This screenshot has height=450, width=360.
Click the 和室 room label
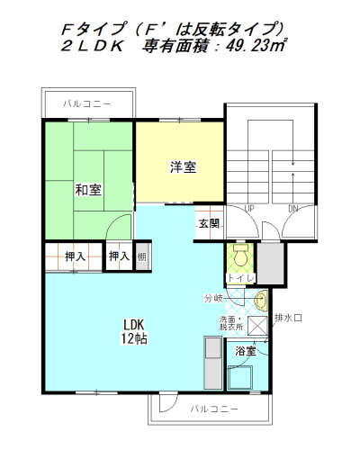point(88,190)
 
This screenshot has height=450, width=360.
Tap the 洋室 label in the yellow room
point(184,167)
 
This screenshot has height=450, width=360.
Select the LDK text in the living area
point(134,325)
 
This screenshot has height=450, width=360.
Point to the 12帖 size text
point(134,338)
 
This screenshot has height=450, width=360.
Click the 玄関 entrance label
point(209,223)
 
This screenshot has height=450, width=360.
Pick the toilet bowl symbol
point(240,255)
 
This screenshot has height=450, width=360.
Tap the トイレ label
point(241,278)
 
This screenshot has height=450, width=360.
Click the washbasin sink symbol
point(261,300)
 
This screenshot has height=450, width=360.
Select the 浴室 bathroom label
point(246,351)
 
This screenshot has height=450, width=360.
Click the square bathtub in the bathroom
point(240,377)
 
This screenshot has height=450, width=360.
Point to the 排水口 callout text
point(288,318)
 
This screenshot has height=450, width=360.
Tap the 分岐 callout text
point(213,298)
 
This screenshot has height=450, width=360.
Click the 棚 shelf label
point(141,256)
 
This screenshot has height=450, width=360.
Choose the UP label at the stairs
point(249,208)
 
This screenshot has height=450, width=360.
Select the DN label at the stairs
point(293,209)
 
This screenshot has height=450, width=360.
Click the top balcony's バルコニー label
point(87,103)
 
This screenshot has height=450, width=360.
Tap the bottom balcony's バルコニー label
point(214,409)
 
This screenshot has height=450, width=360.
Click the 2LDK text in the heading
point(92,46)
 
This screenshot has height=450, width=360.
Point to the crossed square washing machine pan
point(257,326)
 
